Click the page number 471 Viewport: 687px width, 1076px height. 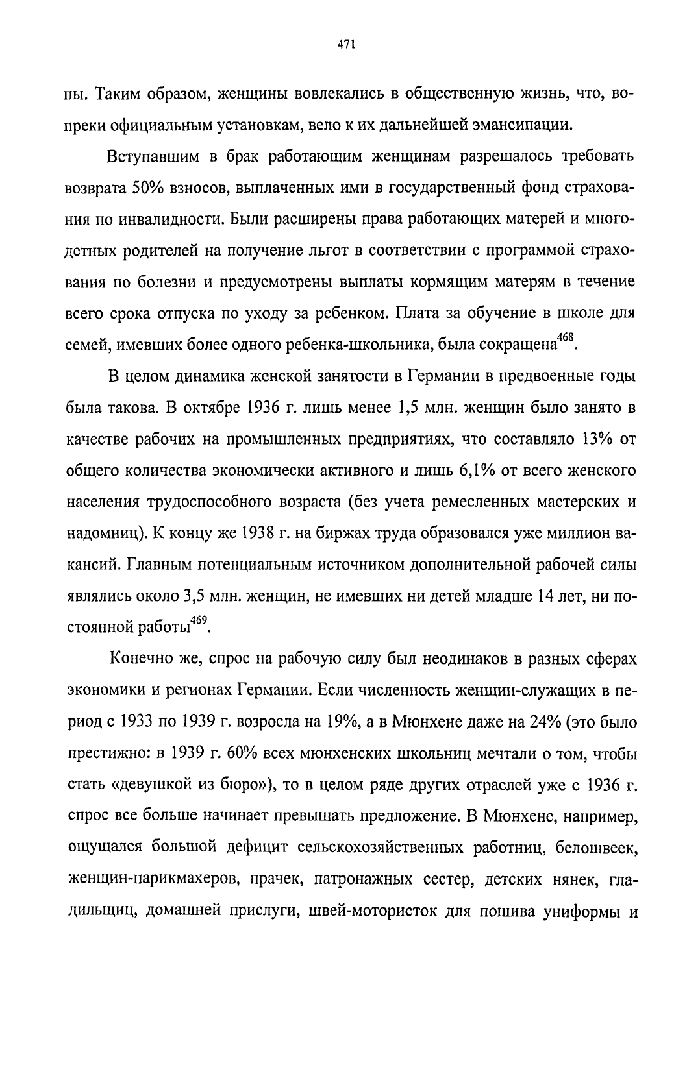(344, 44)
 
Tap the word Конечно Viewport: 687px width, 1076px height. (140, 659)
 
